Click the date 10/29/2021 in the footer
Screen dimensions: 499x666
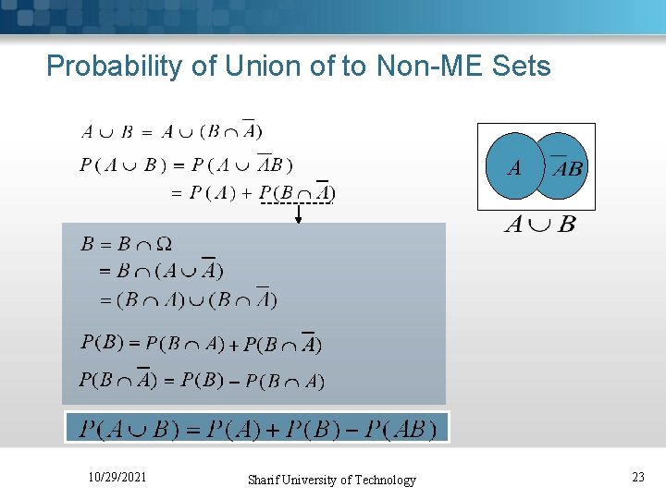click(x=117, y=477)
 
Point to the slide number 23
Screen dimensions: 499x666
click(x=637, y=477)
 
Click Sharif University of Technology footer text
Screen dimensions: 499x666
click(x=332, y=480)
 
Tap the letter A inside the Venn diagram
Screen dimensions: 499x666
click(x=513, y=168)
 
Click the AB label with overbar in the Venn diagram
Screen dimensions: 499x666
click(x=566, y=168)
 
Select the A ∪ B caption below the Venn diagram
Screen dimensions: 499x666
click(x=538, y=225)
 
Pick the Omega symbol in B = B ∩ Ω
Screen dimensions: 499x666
click(x=163, y=245)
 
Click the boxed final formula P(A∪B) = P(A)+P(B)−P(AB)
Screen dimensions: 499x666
click(x=257, y=429)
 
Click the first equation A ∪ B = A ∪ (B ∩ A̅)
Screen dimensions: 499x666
click(x=172, y=131)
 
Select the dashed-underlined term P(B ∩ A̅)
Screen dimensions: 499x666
click(x=296, y=192)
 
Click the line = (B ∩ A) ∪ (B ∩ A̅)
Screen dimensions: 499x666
click(x=189, y=299)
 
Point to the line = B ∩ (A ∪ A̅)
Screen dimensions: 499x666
click(x=162, y=271)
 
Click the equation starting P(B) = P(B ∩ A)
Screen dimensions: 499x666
click(x=201, y=344)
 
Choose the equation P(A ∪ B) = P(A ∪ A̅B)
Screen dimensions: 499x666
click(x=186, y=165)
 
